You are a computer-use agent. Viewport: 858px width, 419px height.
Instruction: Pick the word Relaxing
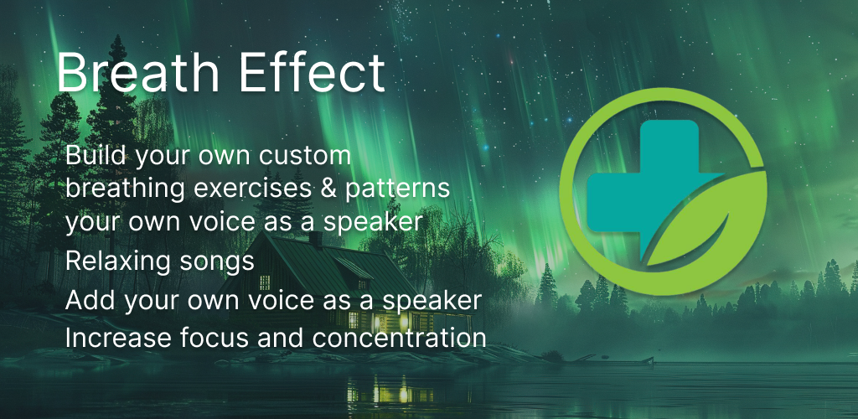tap(114, 262)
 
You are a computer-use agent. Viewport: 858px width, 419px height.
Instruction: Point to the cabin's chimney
tap(316, 239)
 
